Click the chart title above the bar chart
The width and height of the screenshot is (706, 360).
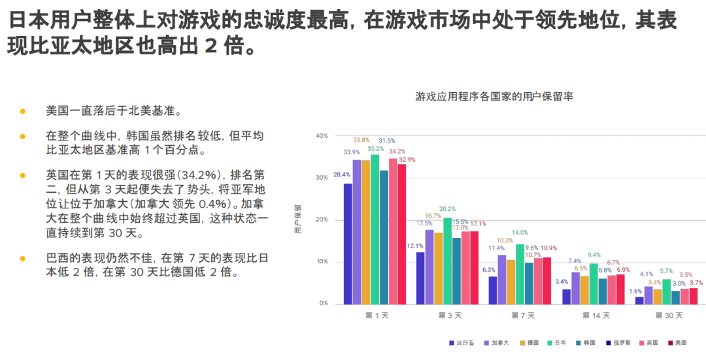tap(494, 96)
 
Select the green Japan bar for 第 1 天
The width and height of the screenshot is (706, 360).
tap(375, 229)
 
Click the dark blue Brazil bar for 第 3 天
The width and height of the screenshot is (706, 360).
tap(420, 278)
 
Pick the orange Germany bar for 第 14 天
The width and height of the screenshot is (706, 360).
tap(584, 289)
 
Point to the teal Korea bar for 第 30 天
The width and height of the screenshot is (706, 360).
tap(676, 297)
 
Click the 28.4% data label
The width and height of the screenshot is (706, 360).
tap(341, 175)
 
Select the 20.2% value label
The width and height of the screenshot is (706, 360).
tap(447, 209)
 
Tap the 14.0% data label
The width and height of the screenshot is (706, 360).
tap(520, 233)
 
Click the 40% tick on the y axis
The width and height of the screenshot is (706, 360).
tap(322, 136)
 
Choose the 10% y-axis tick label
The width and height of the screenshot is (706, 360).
tap(322, 262)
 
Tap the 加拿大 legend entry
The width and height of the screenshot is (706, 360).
tap(500, 342)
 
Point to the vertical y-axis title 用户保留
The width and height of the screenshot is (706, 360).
tap(298, 220)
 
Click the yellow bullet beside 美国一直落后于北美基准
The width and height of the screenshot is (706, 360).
tap(23, 111)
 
